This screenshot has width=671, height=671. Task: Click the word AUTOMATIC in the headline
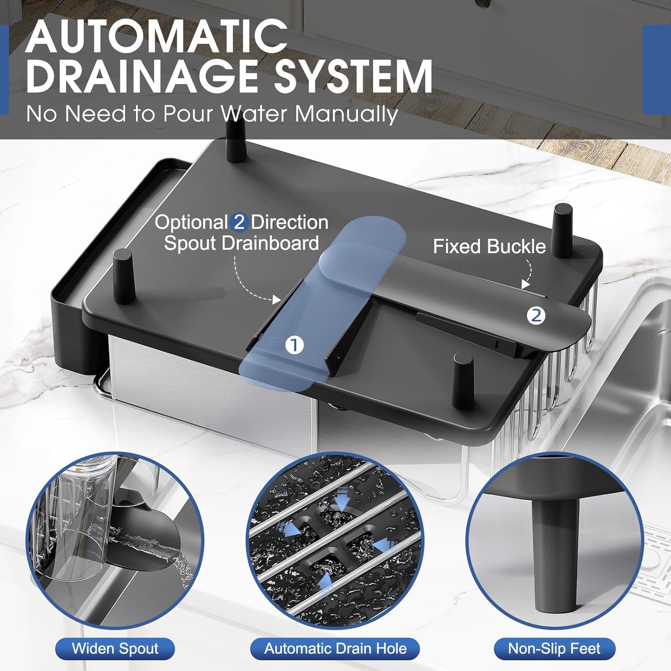coord(157,36)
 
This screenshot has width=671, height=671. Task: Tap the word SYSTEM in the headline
coord(353,76)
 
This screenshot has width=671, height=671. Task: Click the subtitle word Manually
coord(346,115)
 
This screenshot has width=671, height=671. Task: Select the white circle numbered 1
coord(294,345)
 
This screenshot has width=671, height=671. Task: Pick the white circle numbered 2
coord(536,316)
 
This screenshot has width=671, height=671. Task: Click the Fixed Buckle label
coord(489,246)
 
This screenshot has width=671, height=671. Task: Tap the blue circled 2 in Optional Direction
coord(239,222)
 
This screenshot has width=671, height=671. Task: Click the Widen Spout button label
coord(115,649)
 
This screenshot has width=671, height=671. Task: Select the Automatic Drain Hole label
coord(335,649)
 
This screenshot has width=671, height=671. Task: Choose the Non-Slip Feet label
coord(555,649)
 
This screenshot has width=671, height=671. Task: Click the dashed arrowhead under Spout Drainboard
coord(277,299)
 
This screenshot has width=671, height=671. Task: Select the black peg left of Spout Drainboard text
coord(123,276)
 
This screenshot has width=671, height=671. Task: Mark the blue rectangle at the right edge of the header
coord(657,69)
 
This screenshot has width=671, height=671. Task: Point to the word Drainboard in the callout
coord(270,243)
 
